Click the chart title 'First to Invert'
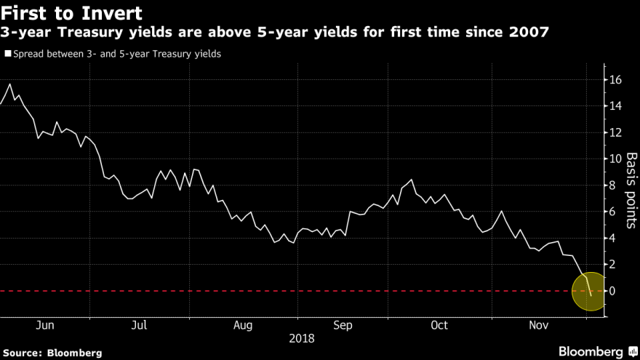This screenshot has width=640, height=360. point(71,13)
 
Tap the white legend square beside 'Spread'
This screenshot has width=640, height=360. point(7,53)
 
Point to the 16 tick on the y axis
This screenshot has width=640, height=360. point(615,79)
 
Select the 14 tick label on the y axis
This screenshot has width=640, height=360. point(615,106)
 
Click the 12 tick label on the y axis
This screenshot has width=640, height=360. point(615,132)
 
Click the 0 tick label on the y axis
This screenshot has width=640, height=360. point(612,291)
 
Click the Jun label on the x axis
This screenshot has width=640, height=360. point(44,326)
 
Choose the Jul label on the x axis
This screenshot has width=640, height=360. point(140,326)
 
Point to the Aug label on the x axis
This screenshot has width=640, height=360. point(244,326)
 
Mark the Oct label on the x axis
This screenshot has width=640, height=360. point(439,326)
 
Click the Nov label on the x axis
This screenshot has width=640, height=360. point(539,326)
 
